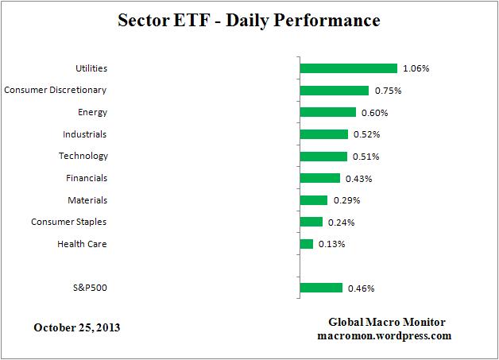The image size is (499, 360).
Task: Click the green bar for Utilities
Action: click(348, 68)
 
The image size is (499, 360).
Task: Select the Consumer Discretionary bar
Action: click(335, 91)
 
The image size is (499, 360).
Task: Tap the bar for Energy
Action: click(327, 112)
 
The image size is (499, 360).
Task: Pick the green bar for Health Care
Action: click(307, 244)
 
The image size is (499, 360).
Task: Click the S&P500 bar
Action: click(321, 288)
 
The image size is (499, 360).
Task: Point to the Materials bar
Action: click(314, 200)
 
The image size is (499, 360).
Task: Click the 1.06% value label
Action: click(416, 68)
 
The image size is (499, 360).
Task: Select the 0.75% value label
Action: click(388, 91)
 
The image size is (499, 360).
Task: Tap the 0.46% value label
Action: click(362, 288)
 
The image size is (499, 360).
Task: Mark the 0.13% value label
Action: click(331, 244)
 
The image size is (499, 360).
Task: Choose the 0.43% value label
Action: click(358, 178)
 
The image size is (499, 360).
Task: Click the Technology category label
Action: click(83, 156)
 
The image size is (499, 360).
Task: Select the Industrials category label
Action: click(84, 134)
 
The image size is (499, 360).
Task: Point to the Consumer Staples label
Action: click(68, 222)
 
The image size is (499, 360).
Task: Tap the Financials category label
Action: click(85, 178)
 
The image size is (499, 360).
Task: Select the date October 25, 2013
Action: click(78, 327)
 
